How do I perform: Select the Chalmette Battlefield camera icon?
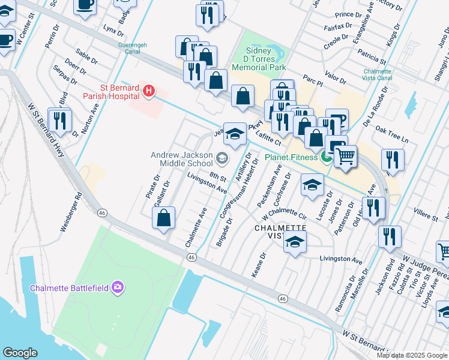click(118, 287)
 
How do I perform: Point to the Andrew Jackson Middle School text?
click(182, 159)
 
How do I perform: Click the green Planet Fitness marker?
click(326, 158)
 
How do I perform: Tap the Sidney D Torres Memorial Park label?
click(267, 60)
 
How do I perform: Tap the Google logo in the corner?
click(20, 352)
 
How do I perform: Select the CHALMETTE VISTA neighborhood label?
click(280, 232)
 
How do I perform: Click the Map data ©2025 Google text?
click(411, 355)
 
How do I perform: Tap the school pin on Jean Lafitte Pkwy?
click(235, 134)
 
